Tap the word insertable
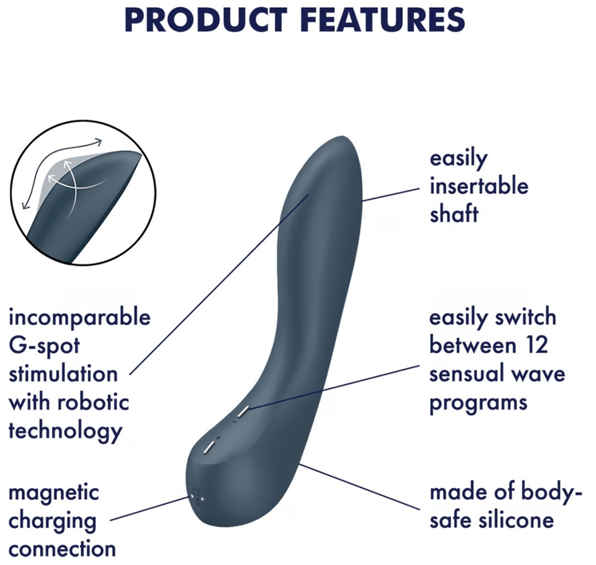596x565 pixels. click(x=479, y=186)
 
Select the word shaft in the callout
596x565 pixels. click(x=454, y=213)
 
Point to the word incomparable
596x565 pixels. click(x=79, y=318)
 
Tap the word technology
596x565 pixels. click(x=65, y=430)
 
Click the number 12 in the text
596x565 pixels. click(x=533, y=345)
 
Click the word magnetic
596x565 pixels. click(x=54, y=493)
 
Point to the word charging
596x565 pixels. click(x=52, y=520)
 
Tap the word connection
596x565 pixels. click(x=62, y=548)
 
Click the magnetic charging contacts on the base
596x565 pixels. click(x=196, y=496)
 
